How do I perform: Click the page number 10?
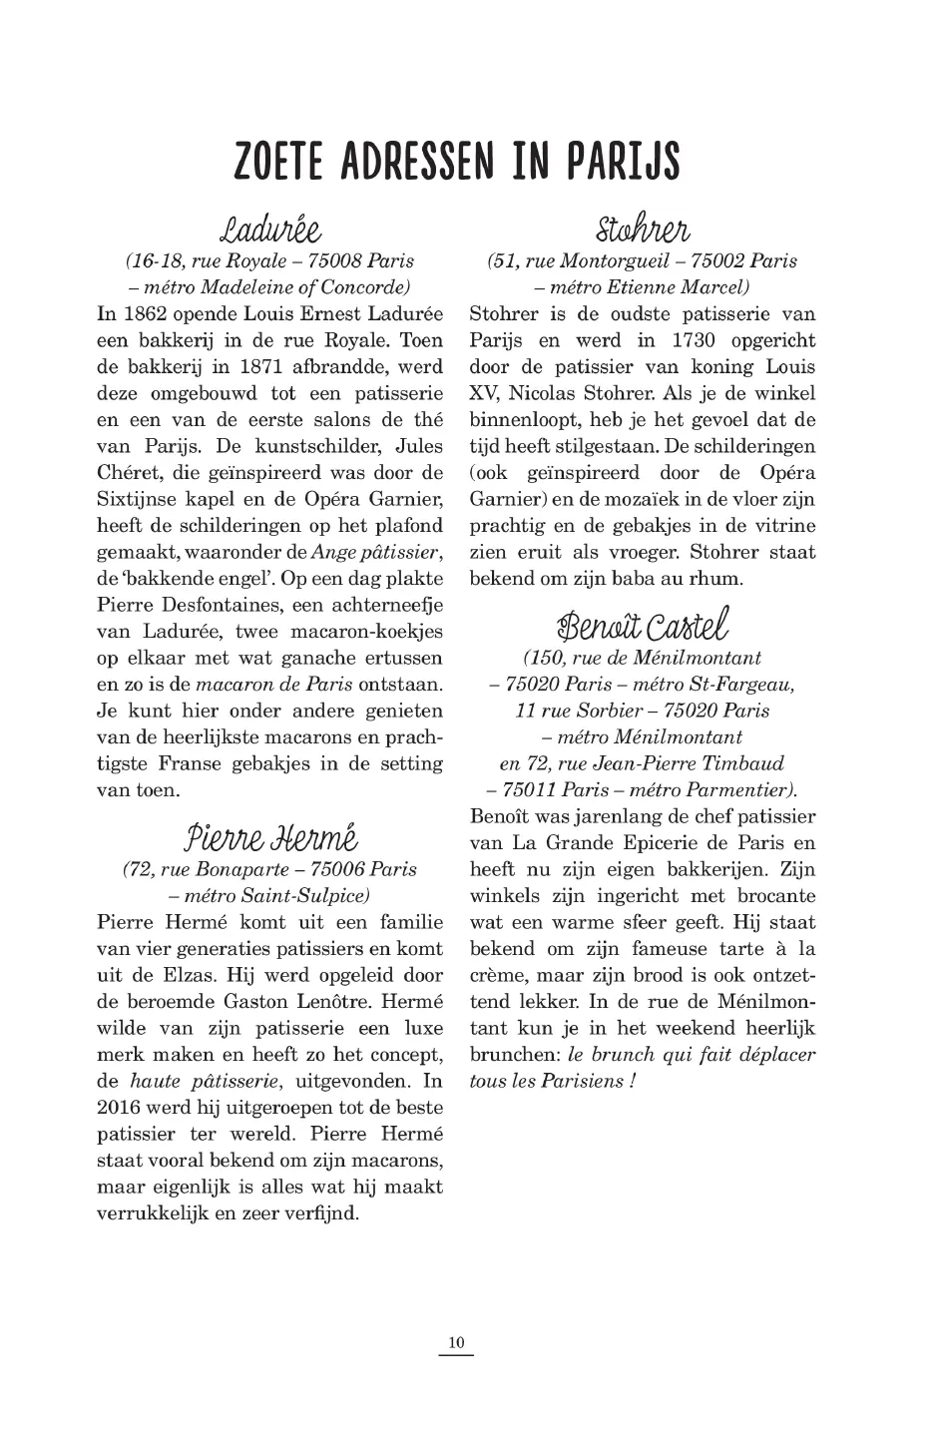tap(456, 1343)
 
